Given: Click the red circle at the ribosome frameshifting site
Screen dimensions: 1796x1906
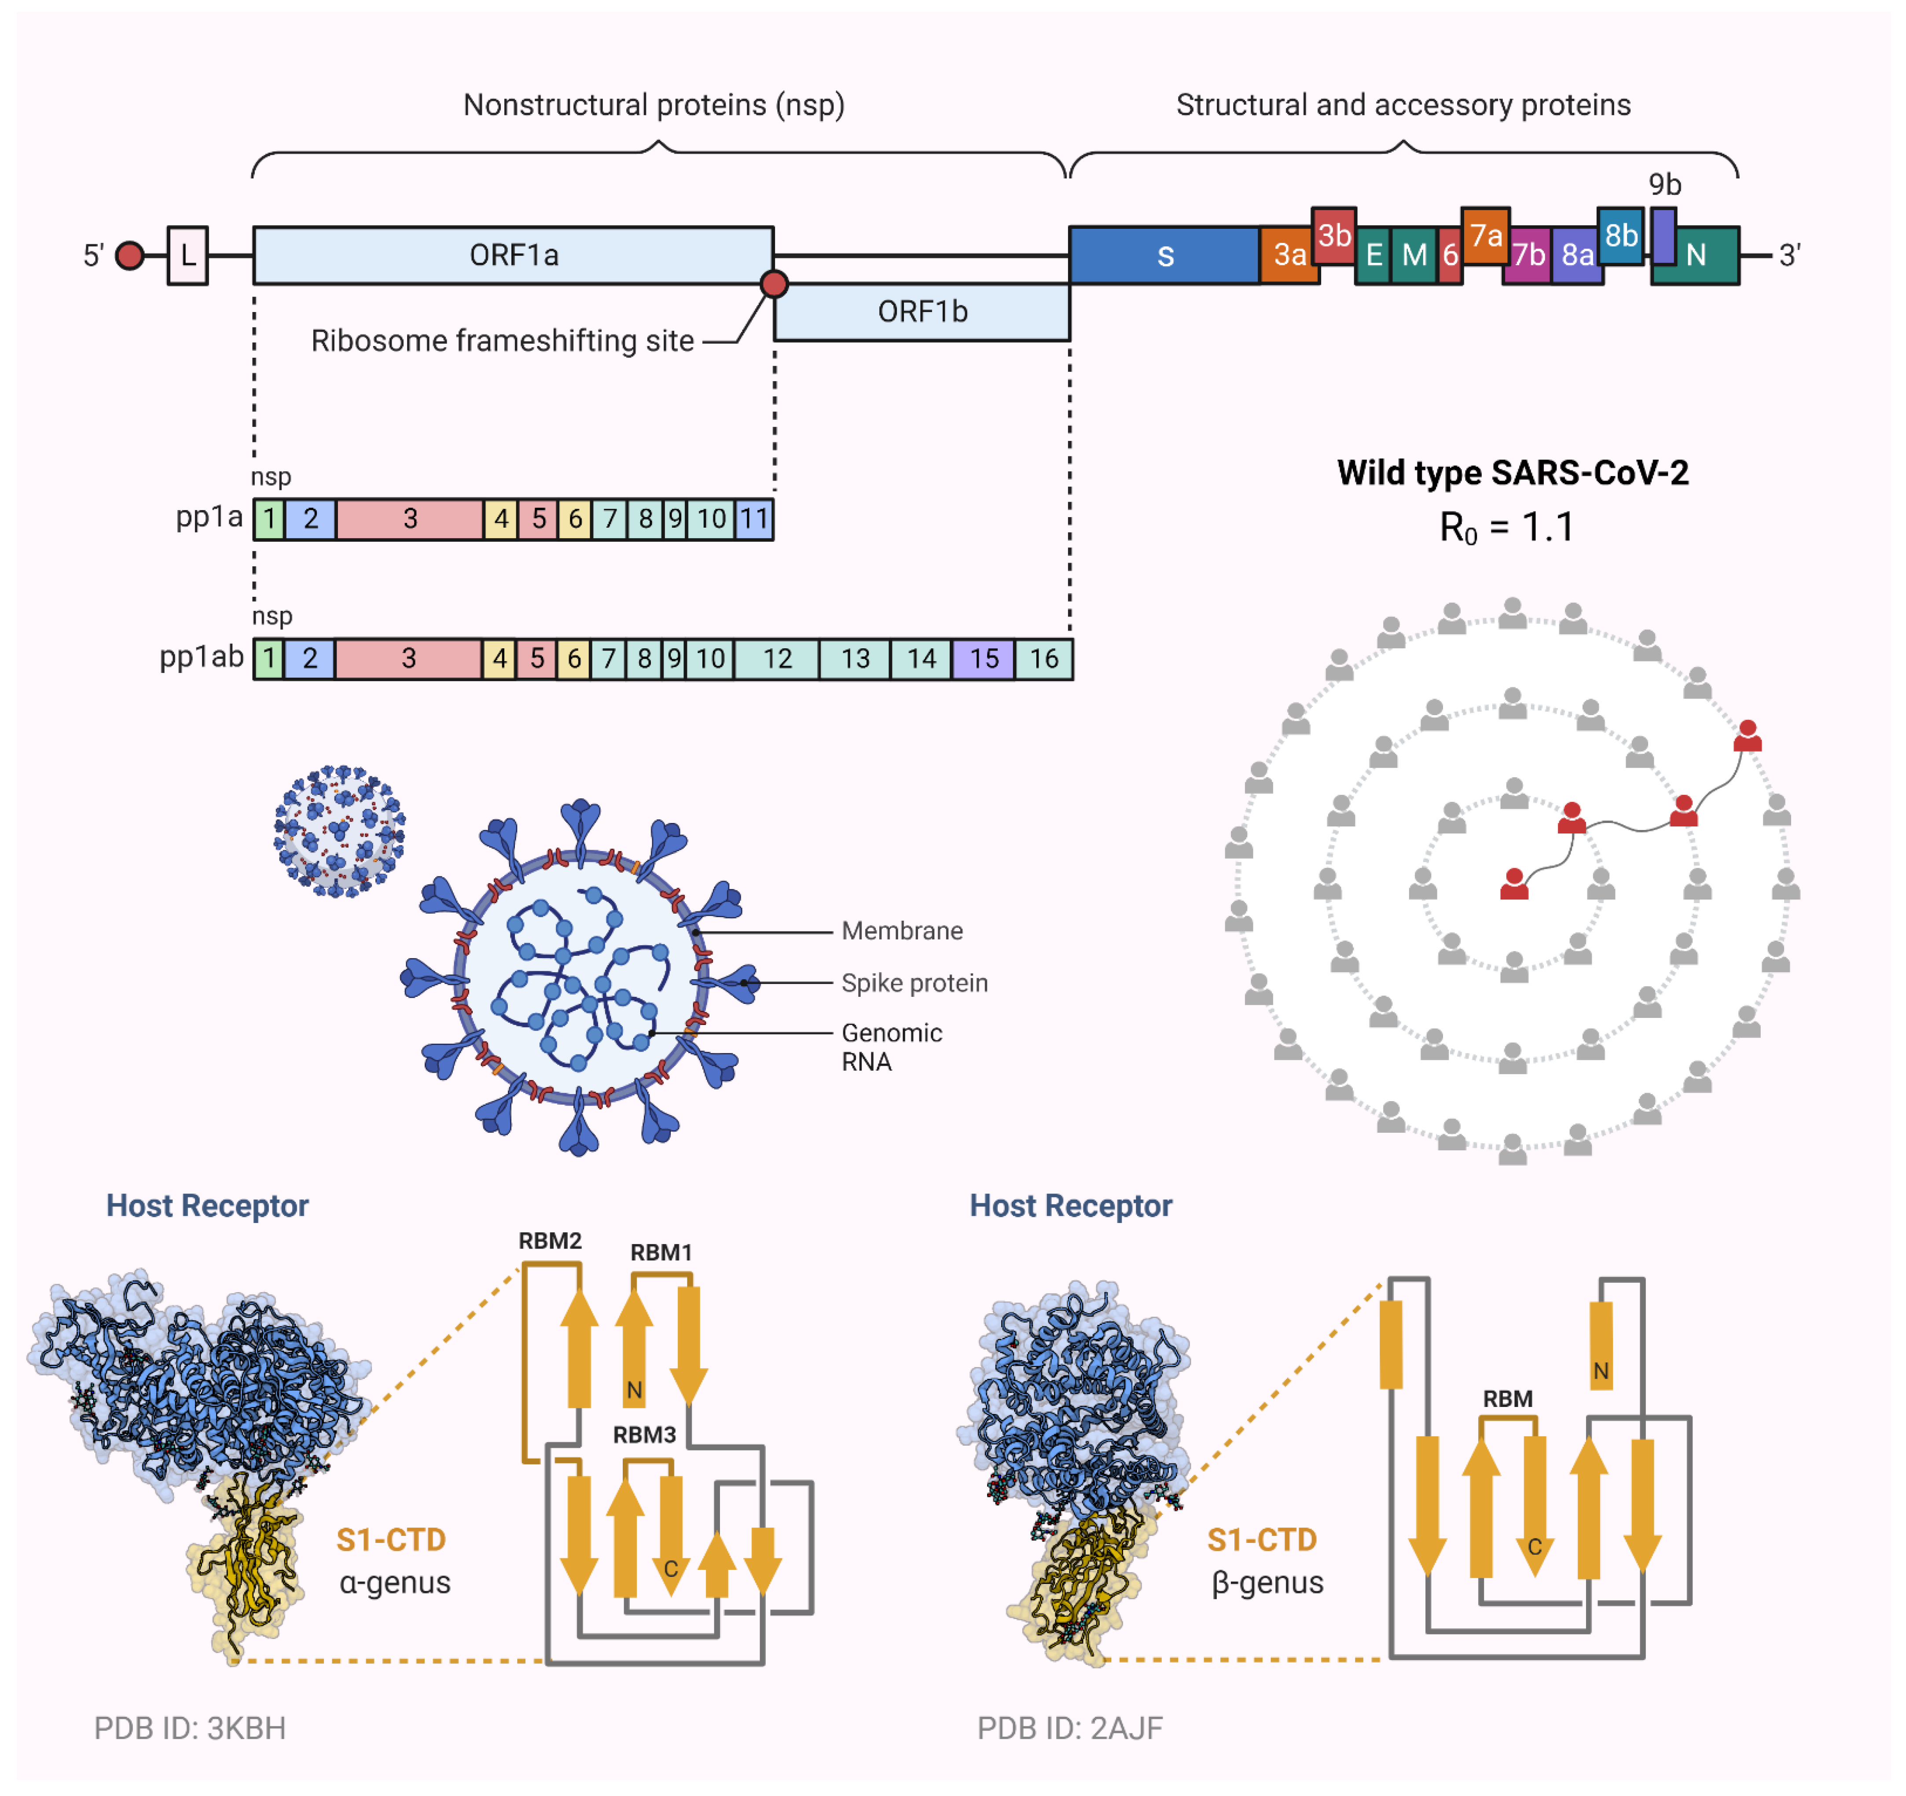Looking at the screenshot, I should tap(774, 284).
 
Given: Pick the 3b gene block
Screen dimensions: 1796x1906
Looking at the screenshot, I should tap(1333, 235).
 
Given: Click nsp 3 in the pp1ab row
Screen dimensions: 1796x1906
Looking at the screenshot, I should tap(408, 659).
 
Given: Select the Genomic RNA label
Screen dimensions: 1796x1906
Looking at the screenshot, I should tap(892, 1047).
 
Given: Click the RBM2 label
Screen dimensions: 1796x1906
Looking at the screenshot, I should tap(550, 1241).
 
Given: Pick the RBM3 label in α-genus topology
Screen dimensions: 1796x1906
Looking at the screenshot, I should tap(644, 1435).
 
